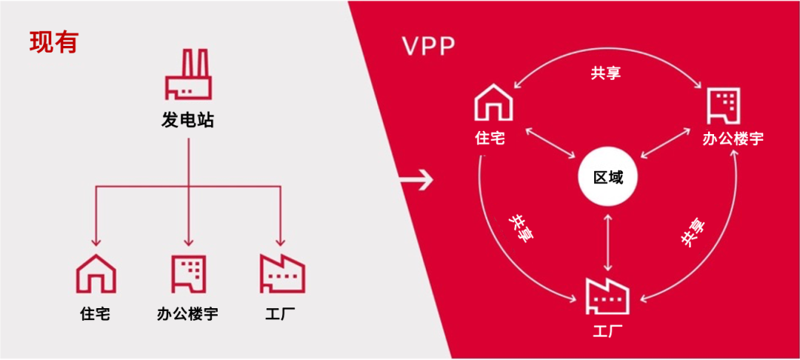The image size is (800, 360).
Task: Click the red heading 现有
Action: pyautogui.click(x=53, y=42)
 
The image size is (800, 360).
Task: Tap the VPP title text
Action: pyautogui.click(x=429, y=47)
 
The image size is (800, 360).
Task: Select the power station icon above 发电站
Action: pyautogui.click(x=187, y=75)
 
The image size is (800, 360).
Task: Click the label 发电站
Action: pyautogui.click(x=187, y=121)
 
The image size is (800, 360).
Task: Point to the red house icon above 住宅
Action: pyautogui.click(x=96, y=273)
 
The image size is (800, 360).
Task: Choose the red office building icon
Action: pyautogui.click(x=188, y=274)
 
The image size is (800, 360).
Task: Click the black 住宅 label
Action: pyautogui.click(x=96, y=313)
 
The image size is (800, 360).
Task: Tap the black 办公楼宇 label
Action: pyautogui.click(x=187, y=313)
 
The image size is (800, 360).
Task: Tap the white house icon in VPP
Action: pyautogui.click(x=494, y=104)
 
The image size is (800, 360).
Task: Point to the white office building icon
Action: pyautogui.click(x=724, y=105)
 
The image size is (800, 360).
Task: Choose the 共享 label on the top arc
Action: pyautogui.click(x=606, y=73)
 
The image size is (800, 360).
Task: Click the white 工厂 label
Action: pyautogui.click(x=607, y=333)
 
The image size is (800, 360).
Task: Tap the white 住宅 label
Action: pyautogui.click(x=490, y=139)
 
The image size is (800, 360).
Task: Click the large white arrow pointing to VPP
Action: pyautogui.click(x=416, y=180)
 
